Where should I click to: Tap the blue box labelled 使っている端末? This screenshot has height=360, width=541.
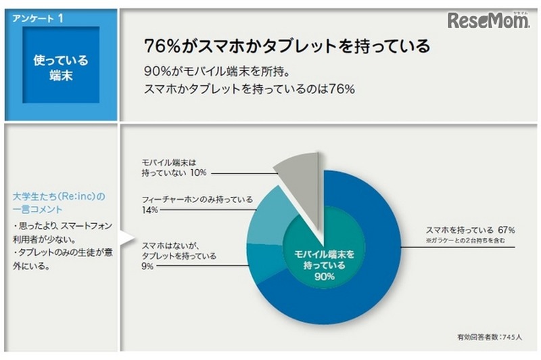[61, 66]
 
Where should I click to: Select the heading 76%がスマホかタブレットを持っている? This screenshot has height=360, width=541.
[287, 47]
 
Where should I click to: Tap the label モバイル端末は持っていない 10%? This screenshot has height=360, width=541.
[174, 168]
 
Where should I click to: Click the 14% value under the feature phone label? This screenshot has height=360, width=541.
[149, 210]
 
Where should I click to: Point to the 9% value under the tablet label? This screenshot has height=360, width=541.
[148, 267]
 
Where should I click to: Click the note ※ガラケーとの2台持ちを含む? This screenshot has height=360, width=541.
[465, 240]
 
